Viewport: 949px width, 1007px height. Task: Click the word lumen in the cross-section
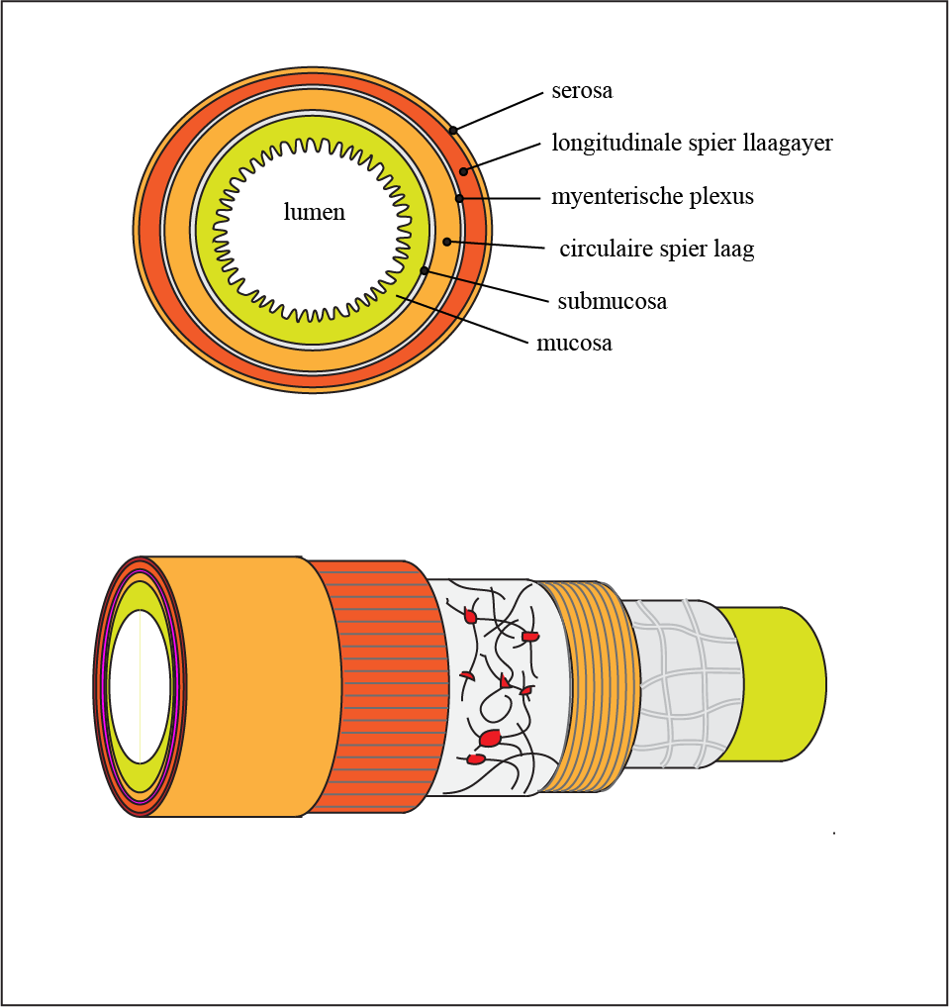point(315,212)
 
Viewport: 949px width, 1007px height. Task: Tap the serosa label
point(582,91)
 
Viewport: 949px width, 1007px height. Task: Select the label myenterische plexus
point(652,197)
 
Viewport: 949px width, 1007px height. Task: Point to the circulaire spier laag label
point(656,250)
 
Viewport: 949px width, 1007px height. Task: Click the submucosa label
point(612,301)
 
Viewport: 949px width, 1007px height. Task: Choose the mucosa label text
point(574,344)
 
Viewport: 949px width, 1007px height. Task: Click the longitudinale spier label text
point(692,144)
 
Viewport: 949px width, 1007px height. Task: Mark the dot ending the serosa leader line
point(453,130)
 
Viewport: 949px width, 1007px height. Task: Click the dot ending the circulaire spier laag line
point(447,242)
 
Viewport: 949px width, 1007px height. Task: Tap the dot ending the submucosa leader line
point(425,270)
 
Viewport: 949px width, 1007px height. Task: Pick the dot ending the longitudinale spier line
point(463,171)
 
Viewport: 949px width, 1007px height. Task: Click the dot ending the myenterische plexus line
point(459,199)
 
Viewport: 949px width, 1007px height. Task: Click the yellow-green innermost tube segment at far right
point(782,683)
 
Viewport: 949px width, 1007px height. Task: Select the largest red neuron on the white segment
point(490,738)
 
